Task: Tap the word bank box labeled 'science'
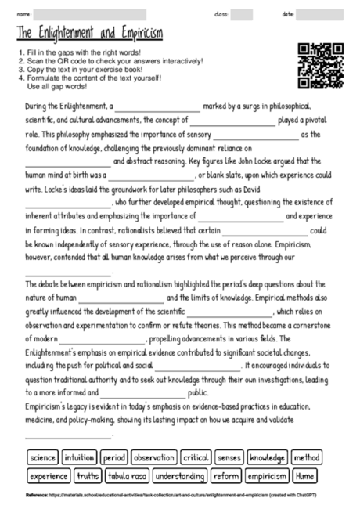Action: tap(41, 457)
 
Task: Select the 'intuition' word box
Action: tap(79, 457)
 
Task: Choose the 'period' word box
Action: tap(113, 457)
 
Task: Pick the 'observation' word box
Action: tap(153, 457)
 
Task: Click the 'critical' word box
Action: tap(195, 457)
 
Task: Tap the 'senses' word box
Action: tap(229, 457)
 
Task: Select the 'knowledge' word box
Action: tap(268, 457)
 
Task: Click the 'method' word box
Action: tap(307, 457)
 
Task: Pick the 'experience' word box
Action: tap(49, 475)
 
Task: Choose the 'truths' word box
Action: tap(88, 475)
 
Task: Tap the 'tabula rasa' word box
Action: tap(128, 475)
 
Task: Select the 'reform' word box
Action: tap(227, 475)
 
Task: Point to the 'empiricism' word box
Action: tap(267, 475)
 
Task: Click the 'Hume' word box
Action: tap(305, 475)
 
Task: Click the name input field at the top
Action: tap(89, 14)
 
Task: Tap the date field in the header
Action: tap(325, 14)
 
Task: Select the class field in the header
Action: tap(242, 14)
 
